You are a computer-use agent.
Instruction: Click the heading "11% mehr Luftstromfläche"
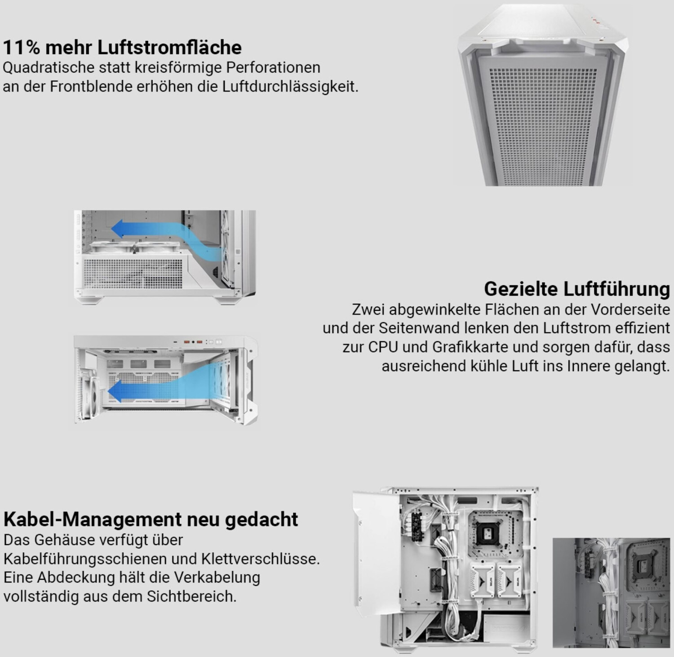122,47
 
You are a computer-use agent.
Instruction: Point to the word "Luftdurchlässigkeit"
290,86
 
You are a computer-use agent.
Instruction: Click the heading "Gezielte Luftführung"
577,289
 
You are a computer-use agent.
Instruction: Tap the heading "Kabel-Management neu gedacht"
151,519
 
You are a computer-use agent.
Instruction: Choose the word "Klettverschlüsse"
261,559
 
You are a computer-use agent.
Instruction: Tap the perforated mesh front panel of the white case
543,123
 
